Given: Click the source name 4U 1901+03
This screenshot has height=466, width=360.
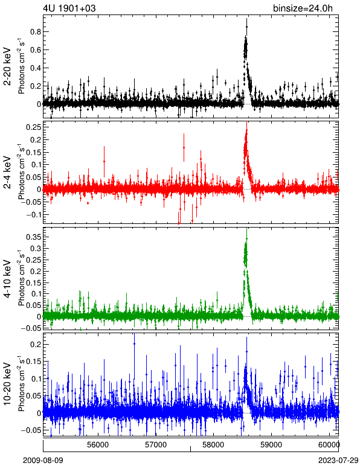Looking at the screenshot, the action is tap(69, 8).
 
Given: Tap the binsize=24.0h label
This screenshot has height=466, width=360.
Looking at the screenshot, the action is tap(303, 8).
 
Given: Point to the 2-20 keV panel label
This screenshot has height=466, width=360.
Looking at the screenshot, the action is tap(7, 66).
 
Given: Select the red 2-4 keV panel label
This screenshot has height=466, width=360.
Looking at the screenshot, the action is tap(7, 173).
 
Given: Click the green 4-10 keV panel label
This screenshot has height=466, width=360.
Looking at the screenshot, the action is tap(7, 278).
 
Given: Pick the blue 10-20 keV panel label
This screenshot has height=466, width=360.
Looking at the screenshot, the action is tap(7, 384).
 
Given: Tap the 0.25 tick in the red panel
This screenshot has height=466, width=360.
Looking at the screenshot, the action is tap(33, 127).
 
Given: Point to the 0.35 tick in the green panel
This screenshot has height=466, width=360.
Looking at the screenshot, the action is tap(33, 237).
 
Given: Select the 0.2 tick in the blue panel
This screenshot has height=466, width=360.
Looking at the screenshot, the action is tap(36, 345).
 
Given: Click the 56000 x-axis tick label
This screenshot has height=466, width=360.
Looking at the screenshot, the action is tap(98, 445).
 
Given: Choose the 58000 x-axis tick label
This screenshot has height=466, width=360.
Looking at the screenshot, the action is tap(214, 445).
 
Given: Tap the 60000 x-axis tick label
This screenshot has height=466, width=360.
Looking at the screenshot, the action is tap(329, 445).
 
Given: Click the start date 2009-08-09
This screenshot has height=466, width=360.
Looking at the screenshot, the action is tap(43, 461).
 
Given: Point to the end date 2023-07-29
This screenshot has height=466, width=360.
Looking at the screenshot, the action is tap(338, 461).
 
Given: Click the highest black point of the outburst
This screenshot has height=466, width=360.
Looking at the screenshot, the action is tap(246, 27).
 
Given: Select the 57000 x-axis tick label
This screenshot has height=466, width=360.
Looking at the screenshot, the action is tap(156, 445).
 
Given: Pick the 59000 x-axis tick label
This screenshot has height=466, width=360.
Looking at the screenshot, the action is tap(271, 445).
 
